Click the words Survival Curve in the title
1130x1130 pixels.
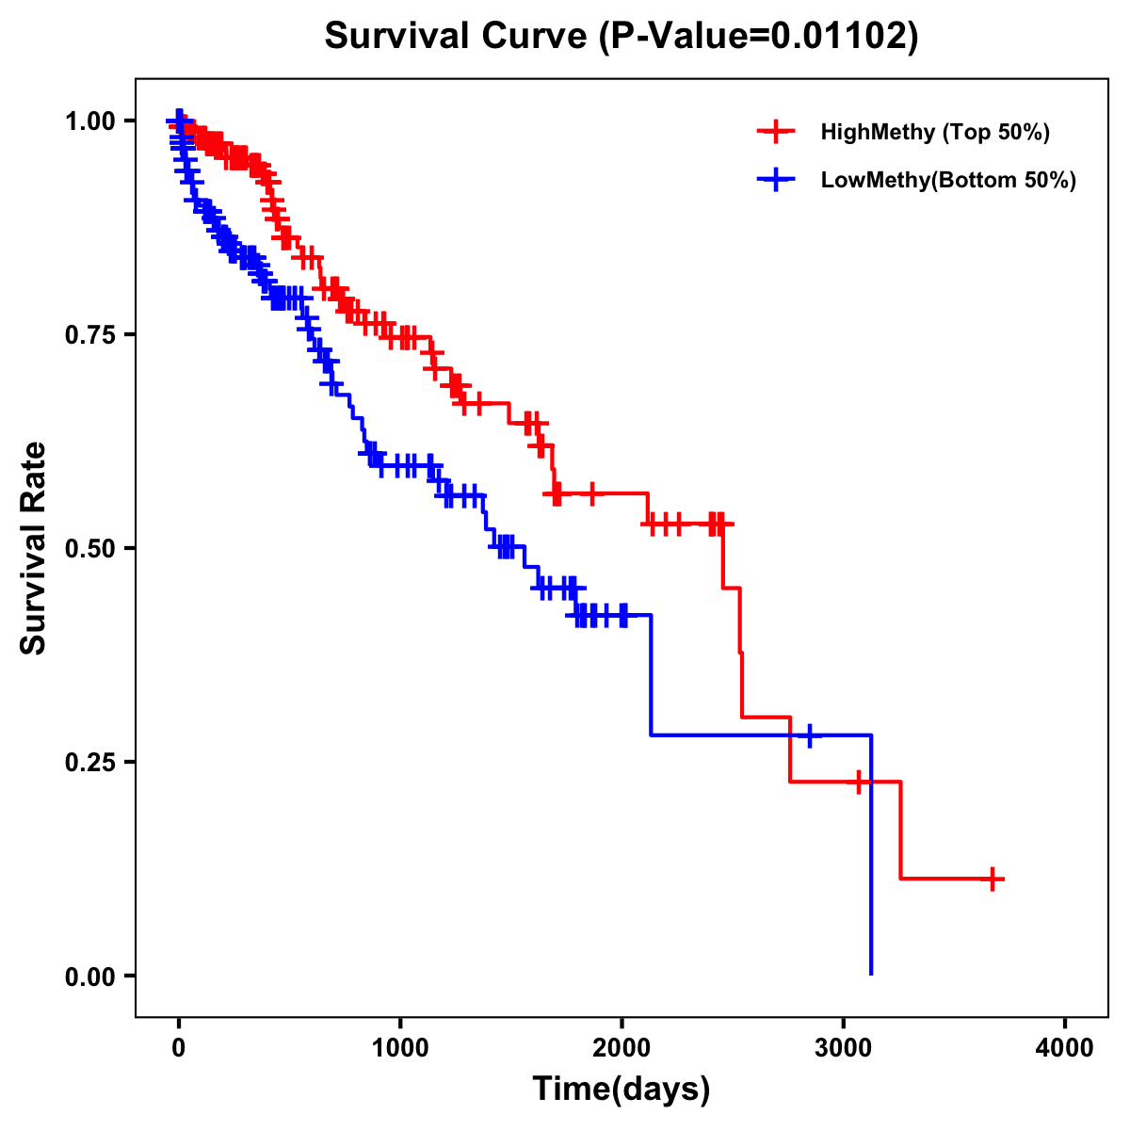pos(458,36)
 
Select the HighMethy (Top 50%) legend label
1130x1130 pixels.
pos(934,132)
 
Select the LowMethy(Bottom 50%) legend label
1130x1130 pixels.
pos(948,180)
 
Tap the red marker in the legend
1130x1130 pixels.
pos(775,132)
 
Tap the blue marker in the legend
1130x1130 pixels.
pos(775,180)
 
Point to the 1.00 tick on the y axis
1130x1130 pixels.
pos(91,121)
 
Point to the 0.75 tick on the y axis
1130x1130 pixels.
pos(91,334)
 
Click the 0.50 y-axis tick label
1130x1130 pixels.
pos(91,548)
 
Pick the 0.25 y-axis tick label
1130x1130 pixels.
pos(91,762)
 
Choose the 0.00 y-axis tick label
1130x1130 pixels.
pos(91,976)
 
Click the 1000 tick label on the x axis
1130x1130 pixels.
pos(400,1047)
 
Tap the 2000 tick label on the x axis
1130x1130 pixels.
pos(621,1047)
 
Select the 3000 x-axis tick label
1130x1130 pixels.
pos(844,1047)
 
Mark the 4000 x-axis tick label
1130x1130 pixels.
pos(1065,1047)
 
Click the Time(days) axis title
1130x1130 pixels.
pos(621,1090)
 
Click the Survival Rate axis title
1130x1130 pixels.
pos(34,548)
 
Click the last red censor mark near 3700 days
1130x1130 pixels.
pos(992,879)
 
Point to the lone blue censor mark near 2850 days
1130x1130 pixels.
pos(809,735)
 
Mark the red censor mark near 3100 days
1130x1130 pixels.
pos(859,782)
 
